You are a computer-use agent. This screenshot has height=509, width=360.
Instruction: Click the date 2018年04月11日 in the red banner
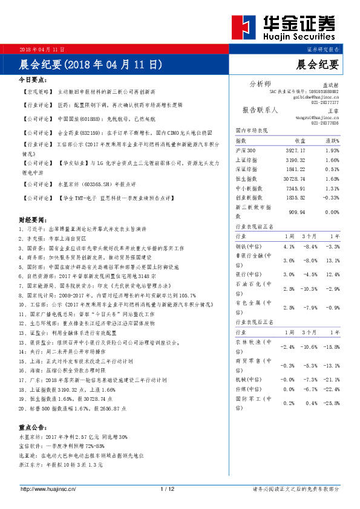[42, 49]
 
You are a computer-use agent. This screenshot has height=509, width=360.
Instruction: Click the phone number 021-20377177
[325, 103]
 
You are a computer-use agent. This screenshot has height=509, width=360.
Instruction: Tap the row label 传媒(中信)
[249, 389]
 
